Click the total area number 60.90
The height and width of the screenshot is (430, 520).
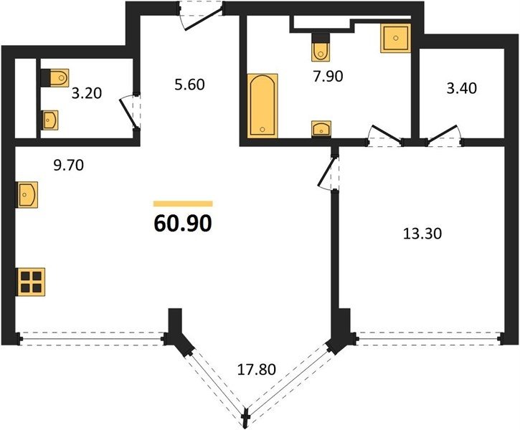click(x=183, y=224)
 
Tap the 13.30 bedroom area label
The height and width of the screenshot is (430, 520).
click(x=422, y=234)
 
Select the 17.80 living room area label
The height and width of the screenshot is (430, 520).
click(x=257, y=369)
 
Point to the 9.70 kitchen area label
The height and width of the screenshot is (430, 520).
click(x=69, y=165)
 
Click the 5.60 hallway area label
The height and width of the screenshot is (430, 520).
click(x=189, y=85)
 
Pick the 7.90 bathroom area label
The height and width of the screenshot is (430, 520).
click(x=328, y=77)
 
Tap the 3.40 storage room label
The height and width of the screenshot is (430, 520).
click(x=462, y=88)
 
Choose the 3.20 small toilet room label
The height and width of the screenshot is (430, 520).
click(x=87, y=93)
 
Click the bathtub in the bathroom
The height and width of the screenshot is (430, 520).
click(x=263, y=105)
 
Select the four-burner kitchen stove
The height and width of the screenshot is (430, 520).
click(x=31, y=282)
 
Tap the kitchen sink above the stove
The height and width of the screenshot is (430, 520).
click(x=27, y=194)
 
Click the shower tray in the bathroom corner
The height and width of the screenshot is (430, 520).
click(x=396, y=38)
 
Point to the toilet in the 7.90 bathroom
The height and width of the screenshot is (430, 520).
click(x=321, y=47)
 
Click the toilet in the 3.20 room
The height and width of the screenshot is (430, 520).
click(x=55, y=78)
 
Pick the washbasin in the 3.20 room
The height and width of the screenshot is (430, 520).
click(x=49, y=120)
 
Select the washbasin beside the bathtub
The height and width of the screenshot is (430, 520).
click(x=321, y=128)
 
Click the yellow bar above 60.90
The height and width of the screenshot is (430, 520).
click(x=183, y=204)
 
